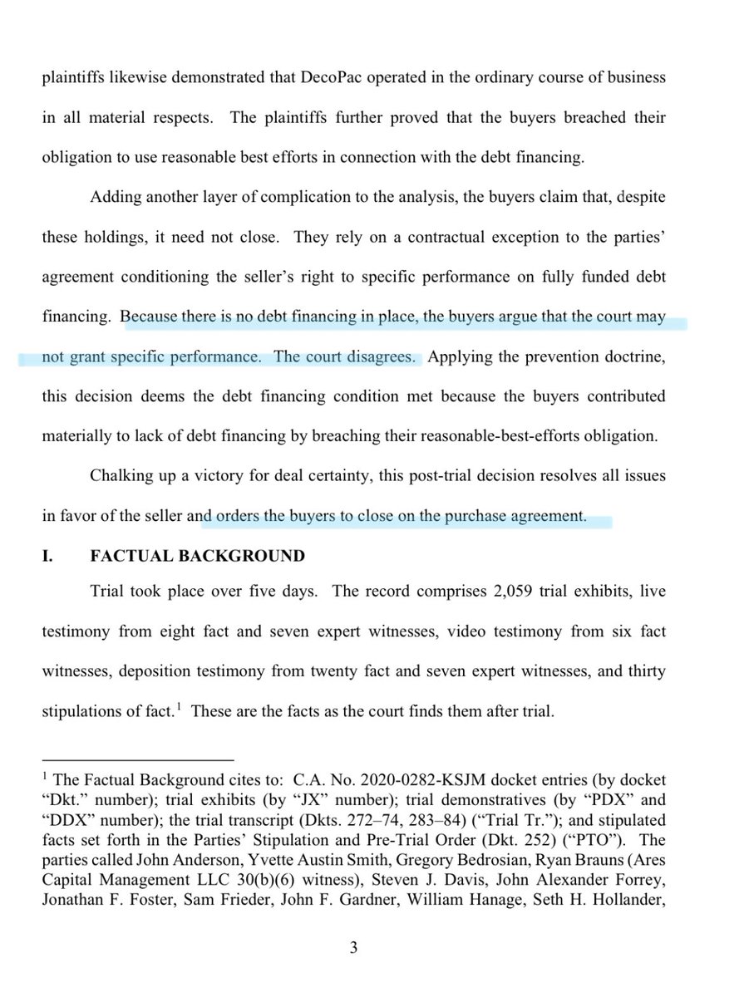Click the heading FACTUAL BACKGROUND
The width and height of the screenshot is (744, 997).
(197, 556)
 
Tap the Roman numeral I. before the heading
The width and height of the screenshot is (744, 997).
(48, 556)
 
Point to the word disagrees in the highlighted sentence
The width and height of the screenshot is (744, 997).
(377, 357)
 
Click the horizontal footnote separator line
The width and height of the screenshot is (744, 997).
(138, 759)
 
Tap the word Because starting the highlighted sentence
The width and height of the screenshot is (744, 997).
(150, 317)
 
